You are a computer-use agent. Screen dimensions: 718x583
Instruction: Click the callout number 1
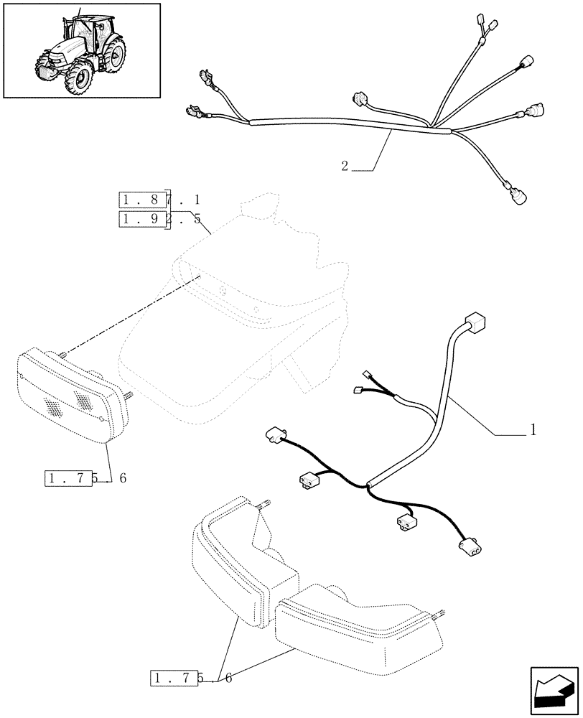(x=533, y=430)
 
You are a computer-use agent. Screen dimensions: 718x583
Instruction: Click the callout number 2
(x=345, y=167)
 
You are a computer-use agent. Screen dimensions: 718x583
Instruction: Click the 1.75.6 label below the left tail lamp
(x=85, y=478)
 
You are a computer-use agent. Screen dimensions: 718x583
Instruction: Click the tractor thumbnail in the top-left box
(x=81, y=50)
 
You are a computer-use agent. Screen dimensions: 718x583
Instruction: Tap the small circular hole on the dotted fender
(x=224, y=291)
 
